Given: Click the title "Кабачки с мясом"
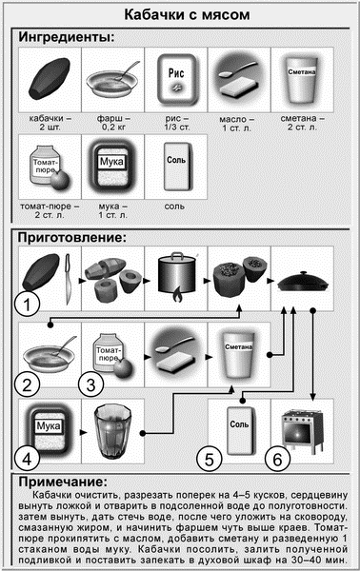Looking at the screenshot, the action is (187, 15).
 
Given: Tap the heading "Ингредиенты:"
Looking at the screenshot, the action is (67, 37).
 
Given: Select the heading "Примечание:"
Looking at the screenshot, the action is (63, 482).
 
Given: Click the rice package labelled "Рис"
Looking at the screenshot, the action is (177, 80).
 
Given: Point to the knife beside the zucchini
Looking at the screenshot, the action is (68, 279).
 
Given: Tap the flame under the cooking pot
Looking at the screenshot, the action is (177, 294).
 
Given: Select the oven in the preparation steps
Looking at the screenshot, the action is (303, 431).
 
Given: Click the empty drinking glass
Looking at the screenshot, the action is (111, 432).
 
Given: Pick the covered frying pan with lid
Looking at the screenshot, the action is (303, 282).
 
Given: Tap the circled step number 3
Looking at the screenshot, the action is (91, 384).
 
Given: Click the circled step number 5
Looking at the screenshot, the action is (210, 460).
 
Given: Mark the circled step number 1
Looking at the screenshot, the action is (27, 304).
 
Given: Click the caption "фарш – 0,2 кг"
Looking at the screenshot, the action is (113, 123).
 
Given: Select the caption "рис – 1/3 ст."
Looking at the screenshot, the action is (177, 123).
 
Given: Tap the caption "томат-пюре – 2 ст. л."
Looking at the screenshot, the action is (50, 210).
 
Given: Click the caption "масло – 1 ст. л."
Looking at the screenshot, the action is (237, 124).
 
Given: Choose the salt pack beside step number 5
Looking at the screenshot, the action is (240, 431).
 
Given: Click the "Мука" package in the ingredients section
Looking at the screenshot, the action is (111, 166).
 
